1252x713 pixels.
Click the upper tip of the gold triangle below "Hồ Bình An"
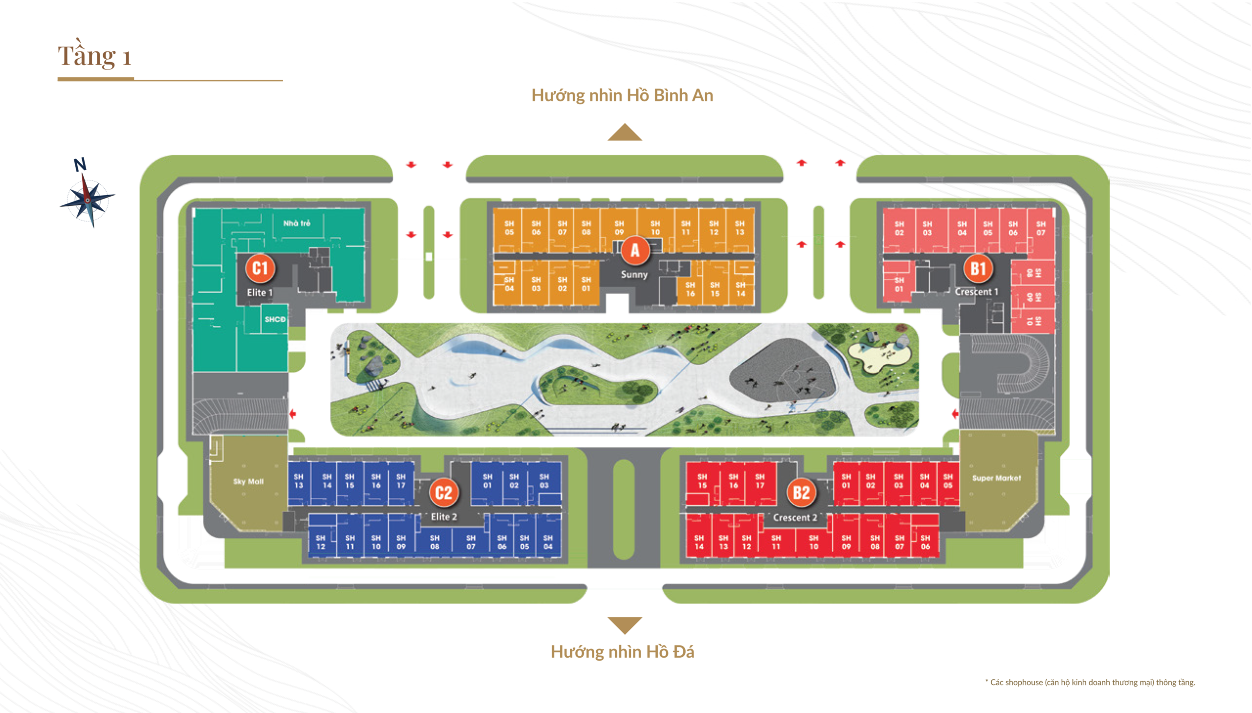tap(625, 124)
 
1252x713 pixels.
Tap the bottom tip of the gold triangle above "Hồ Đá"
tap(625, 634)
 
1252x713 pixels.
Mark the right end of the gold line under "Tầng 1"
tap(283, 80)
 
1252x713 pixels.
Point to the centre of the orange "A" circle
tap(635, 250)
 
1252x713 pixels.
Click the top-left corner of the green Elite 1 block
tap(193, 209)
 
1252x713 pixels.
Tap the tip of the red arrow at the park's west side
tap(290, 414)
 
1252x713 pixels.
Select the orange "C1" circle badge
tap(260, 268)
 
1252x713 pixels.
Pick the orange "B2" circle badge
tap(801, 492)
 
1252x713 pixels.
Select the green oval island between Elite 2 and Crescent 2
tap(624, 509)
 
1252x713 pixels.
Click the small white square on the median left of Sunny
tap(429, 257)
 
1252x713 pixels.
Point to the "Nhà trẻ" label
tap(297, 223)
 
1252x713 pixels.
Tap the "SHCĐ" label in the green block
tap(275, 319)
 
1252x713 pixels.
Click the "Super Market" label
tap(996, 478)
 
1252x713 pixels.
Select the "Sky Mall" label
tap(248, 481)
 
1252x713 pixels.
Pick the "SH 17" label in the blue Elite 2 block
tap(401, 481)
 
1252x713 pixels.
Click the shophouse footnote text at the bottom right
tap(1090, 682)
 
